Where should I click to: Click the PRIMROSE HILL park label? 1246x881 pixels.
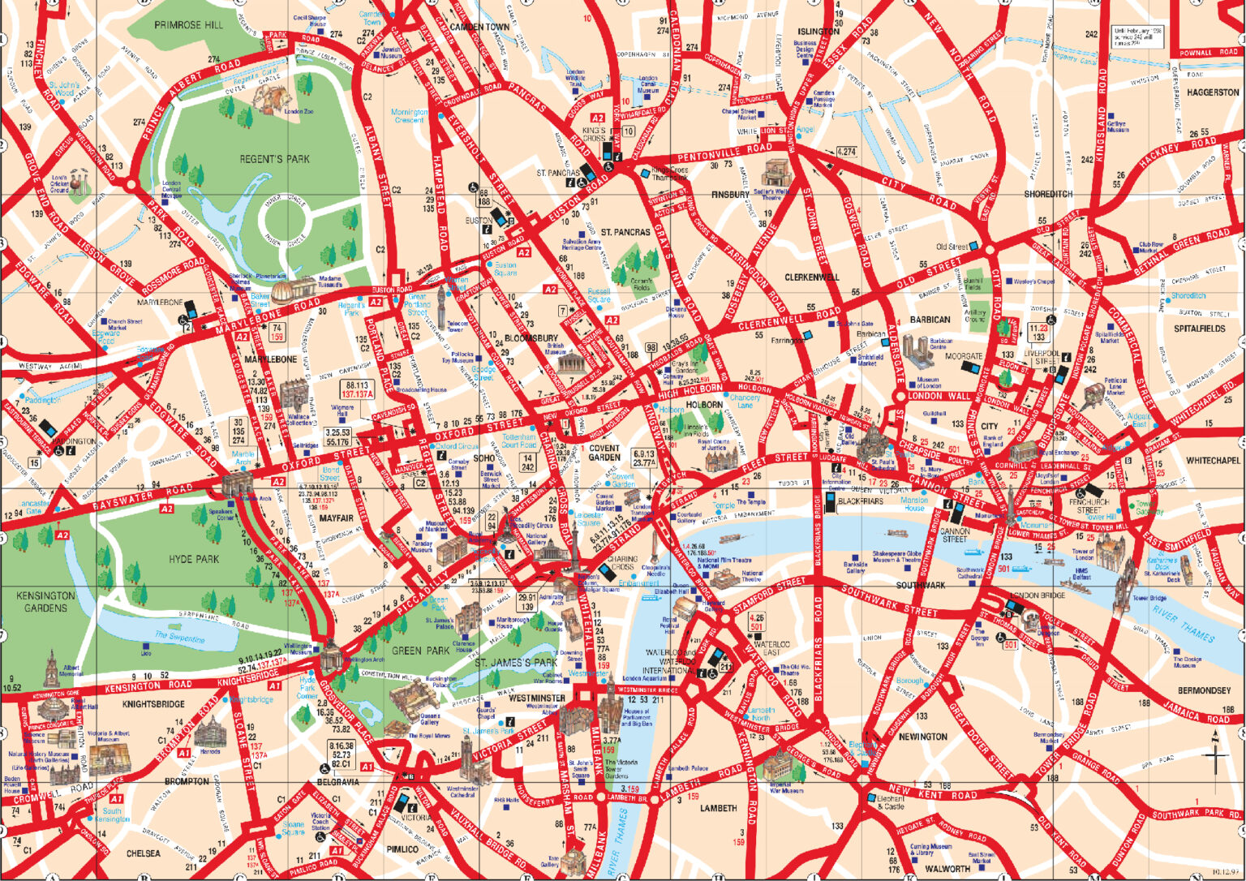pos(188,25)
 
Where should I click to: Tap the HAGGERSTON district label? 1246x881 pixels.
pos(1213,92)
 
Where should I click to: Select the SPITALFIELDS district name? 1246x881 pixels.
pos(1199,329)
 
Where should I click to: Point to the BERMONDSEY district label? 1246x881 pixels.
pos(1204,690)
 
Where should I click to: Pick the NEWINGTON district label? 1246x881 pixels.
pos(922,737)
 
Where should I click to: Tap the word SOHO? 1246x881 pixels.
pos(483,458)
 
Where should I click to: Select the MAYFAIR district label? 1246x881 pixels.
pos(336,518)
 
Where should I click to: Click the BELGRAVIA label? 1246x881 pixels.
pos(337,782)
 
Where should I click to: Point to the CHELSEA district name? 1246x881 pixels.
pos(143,853)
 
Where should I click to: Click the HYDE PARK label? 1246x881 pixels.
pos(194,559)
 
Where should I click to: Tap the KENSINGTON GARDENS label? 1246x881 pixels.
pos(45,601)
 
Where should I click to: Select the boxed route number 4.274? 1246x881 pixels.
pos(846,152)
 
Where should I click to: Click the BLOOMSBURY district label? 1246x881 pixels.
pos(531,337)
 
